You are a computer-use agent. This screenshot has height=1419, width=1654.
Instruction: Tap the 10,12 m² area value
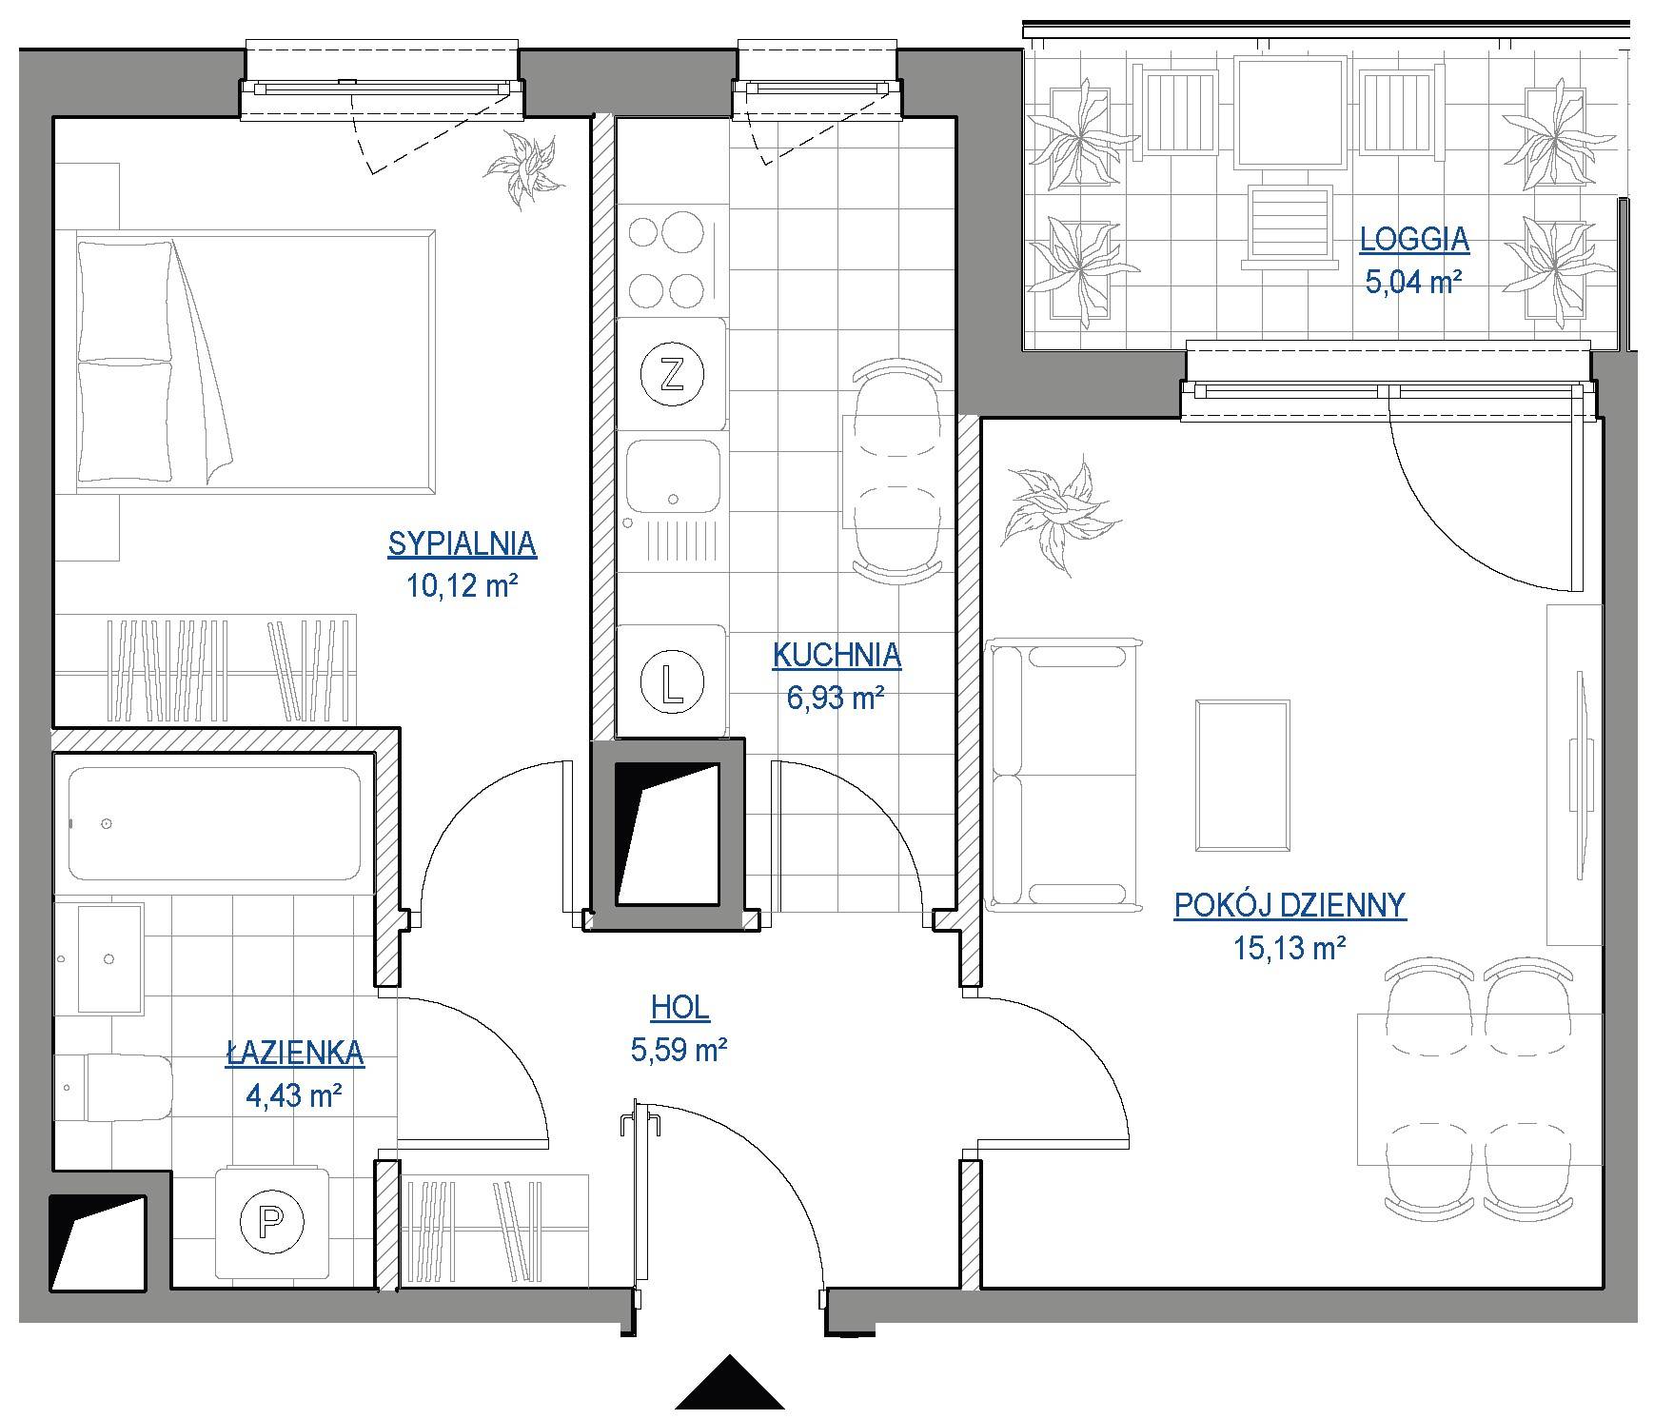pos(462,584)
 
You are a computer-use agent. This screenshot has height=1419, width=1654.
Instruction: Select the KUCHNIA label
pos(837,655)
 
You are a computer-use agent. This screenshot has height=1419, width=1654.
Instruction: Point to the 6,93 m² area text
pos(837,698)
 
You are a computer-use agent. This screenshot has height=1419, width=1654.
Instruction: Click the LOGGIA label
pos(1414,240)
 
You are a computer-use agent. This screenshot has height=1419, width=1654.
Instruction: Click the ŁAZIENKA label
pos(295,1052)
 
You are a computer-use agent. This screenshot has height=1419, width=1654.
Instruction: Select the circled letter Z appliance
pos(672,373)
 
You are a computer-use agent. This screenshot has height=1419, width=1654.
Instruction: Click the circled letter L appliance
pos(672,681)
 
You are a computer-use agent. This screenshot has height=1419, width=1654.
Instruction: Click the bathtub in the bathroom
pos(215,824)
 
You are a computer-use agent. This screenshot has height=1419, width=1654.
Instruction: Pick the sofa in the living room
pos(1064,775)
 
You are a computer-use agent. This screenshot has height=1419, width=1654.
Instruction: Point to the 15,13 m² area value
pos(1290,948)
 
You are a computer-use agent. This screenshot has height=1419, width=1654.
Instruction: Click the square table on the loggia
pos(1291,112)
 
